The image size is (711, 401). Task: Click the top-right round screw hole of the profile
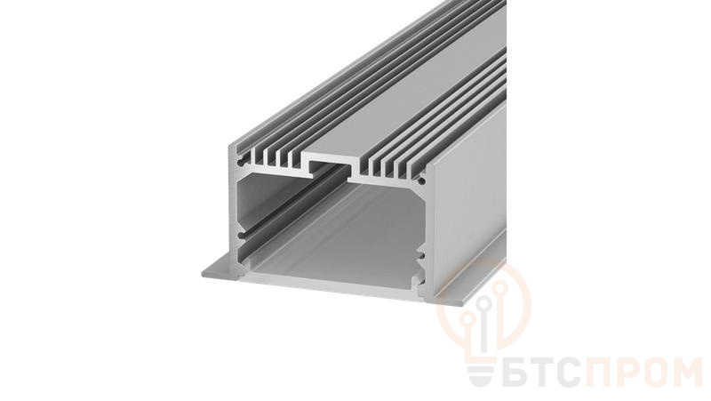click(421, 181)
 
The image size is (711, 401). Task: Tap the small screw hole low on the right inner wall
click(422, 257)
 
